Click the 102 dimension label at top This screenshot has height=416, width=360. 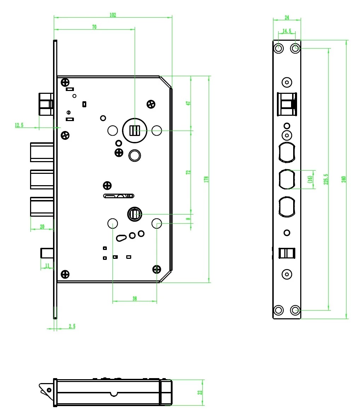pos(113,15)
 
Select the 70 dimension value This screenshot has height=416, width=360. pos(94,27)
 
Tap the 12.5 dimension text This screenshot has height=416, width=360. pos(19,125)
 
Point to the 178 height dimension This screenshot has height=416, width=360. pos(207,179)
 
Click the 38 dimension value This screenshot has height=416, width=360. pos(135,299)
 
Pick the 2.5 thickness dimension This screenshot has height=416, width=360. pos(72,326)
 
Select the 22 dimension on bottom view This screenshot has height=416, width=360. pos(200,392)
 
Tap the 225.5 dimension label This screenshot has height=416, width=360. pos(326,179)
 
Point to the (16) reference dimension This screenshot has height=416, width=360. pos(310,179)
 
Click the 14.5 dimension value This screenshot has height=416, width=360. pos(287,31)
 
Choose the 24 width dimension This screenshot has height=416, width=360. pos(287,17)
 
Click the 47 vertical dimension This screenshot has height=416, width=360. pos(188,103)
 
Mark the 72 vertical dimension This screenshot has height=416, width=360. pos(188,172)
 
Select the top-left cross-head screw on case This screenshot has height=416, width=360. pos(65,83)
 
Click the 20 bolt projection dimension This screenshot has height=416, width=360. pos(42,227)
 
